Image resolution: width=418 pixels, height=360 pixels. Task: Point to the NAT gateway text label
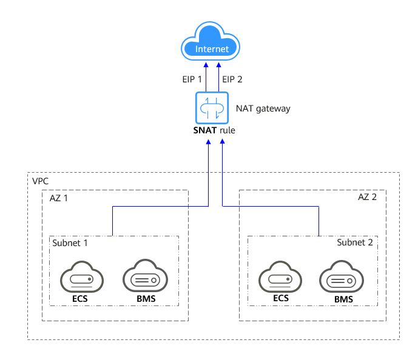pos(263,109)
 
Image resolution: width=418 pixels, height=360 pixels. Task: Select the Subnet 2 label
pos(359,242)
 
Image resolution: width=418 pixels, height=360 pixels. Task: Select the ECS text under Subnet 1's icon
pos(81,299)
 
